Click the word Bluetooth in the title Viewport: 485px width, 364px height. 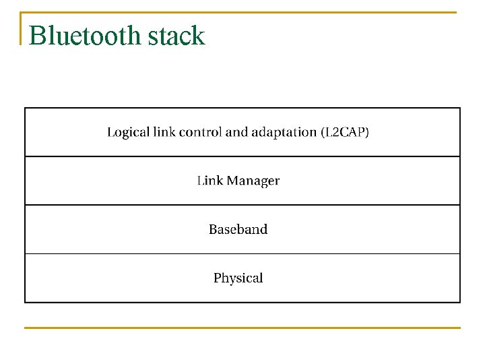click(86, 36)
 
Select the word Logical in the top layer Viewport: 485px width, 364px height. click(128, 133)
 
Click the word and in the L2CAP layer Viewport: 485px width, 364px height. click(236, 132)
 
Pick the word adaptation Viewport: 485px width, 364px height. click(284, 133)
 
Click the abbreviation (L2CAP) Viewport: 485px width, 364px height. click(345, 132)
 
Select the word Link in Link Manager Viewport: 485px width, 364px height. click(209, 181)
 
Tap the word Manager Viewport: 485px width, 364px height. click(253, 181)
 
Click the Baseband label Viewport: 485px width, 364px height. click(238, 229)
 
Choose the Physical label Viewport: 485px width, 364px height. click(238, 278)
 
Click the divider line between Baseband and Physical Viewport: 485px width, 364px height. click(243, 253)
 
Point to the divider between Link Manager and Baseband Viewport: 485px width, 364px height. click(243, 205)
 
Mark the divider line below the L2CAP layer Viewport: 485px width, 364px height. click(243, 156)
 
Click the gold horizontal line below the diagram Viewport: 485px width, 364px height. click(243, 328)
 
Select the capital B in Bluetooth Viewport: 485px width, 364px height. click(38, 36)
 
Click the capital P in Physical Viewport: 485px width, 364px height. click(218, 278)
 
